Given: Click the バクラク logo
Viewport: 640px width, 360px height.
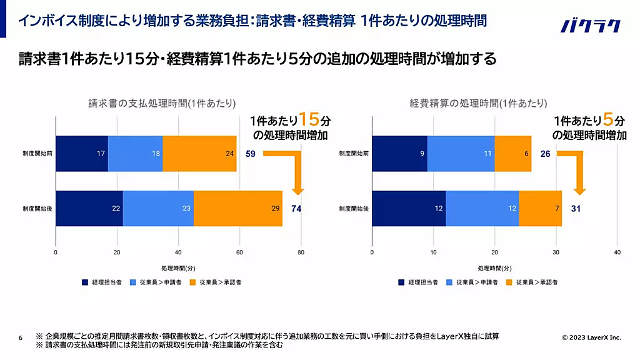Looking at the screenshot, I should [591, 26].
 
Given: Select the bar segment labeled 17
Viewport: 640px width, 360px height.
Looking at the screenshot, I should [82, 153].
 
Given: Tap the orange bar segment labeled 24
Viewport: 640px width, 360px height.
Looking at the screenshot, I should [199, 153].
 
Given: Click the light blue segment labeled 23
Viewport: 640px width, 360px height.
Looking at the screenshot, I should [158, 208].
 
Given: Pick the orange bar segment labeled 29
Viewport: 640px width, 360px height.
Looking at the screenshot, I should [238, 208].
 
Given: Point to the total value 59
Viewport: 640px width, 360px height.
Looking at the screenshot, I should [251, 153].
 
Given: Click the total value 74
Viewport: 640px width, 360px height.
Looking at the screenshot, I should [297, 208].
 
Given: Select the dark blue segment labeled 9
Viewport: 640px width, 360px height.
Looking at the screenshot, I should [399, 153].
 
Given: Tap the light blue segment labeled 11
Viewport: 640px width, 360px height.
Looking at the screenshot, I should [461, 153].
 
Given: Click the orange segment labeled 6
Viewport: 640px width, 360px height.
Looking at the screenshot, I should [512, 153].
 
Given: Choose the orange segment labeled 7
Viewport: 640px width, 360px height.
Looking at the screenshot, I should [540, 208].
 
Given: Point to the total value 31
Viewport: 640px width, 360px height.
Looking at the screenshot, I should [576, 208].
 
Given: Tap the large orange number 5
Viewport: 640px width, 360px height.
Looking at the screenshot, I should [608, 119].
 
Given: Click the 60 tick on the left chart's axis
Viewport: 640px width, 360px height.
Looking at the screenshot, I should [239, 252].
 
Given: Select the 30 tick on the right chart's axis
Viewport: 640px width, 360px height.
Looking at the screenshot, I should [556, 252].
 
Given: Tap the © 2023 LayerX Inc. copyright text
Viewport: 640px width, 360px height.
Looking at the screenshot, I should [591, 337].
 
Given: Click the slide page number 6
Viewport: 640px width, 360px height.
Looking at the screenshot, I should [21, 338].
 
